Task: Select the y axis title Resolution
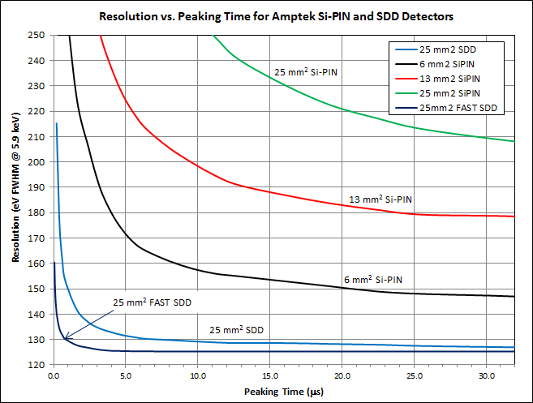17,199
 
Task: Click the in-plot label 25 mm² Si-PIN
306,71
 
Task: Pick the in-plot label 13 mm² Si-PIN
380,199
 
